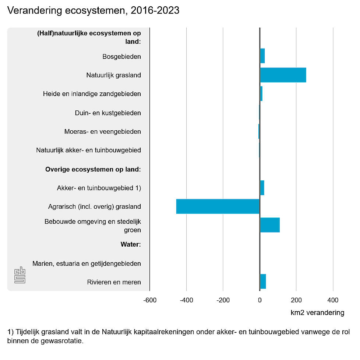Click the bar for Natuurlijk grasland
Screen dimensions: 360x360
(283, 75)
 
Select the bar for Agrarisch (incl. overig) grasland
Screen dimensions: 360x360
(218, 207)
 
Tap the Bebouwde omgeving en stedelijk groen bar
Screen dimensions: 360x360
(270, 225)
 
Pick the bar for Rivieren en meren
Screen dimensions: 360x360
(263, 282)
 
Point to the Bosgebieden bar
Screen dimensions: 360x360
(262, 56)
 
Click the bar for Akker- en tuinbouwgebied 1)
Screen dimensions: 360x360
(262, 188)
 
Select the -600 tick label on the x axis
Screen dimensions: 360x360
(149, 300)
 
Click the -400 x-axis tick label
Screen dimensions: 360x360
(186, 300)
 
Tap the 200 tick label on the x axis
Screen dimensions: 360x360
(296, 300)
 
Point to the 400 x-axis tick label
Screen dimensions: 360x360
(333, 300)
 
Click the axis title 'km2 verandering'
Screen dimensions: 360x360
(317, 313)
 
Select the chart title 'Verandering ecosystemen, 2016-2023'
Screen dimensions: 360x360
(93, 11)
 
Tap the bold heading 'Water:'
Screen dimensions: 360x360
(131, 244)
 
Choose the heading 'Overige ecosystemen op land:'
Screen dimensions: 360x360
(93, 169)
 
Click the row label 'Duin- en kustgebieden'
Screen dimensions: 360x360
(108, 113)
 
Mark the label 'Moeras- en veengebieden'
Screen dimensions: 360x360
(103, 131)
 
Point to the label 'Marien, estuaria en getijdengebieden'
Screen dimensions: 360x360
(87, 264)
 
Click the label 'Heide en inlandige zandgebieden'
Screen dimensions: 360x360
(92, 94)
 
